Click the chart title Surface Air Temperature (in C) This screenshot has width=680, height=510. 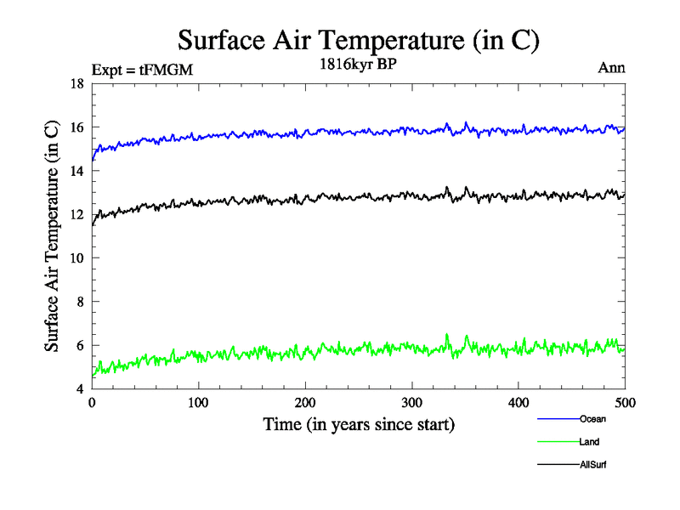358,40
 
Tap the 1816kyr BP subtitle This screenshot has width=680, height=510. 358,65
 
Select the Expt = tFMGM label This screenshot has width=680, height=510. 143,71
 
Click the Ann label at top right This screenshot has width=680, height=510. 612,68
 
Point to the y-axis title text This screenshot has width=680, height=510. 53,236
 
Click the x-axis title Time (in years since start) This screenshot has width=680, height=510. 358,424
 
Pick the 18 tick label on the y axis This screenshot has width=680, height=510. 76,84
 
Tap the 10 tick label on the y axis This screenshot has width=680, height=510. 76,258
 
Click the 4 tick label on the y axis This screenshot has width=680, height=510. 80,389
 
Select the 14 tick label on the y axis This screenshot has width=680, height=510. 76,172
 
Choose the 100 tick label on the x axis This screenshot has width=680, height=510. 198,402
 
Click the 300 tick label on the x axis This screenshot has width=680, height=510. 411,402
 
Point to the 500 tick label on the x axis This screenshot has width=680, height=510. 625,402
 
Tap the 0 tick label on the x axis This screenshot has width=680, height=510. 92,402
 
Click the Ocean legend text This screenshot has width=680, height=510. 592,419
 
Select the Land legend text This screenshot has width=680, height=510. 590,442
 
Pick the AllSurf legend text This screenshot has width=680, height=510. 593,465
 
